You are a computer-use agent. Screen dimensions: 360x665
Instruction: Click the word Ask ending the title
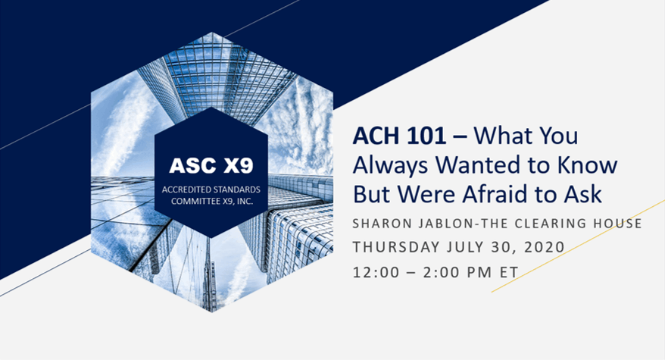click(x=585, y=194)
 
